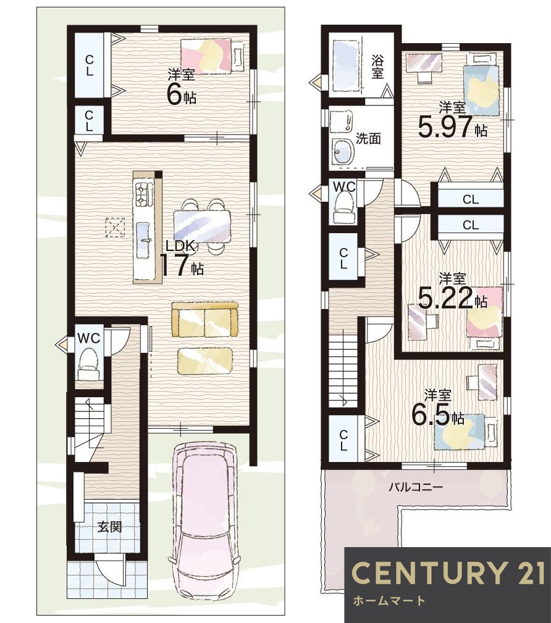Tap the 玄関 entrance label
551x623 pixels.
point(110,527)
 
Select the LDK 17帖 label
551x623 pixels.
point(182,258)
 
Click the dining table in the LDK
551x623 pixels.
point(202,226)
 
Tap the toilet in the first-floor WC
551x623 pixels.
point(90,365)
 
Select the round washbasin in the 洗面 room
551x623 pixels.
point(343,151)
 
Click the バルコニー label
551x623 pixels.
point(416,487)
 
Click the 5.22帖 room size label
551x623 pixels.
point(452,291)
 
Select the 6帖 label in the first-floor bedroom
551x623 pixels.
point(182,88)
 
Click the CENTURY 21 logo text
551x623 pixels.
point(448,572)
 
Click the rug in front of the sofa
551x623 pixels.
point(205,360)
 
